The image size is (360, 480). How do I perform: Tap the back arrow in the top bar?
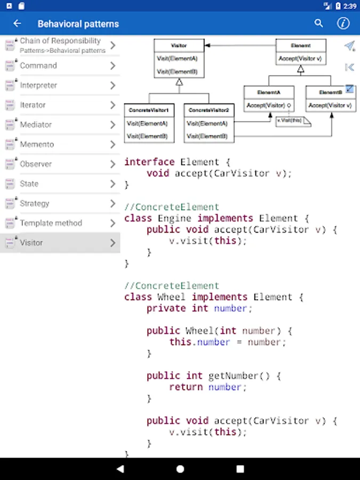point(17,23)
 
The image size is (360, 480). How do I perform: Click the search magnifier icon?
point(319,23)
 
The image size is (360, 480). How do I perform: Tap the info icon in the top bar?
point(343,23)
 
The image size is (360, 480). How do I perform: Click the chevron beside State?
point(113,184)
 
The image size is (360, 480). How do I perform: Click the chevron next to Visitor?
point(113,243)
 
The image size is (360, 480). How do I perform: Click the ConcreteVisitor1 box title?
point(149,110)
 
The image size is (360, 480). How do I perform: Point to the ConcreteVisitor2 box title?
point(209,110)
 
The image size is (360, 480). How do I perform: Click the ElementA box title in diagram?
point(268,92)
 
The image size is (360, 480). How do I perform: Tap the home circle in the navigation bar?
point(180,469)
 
